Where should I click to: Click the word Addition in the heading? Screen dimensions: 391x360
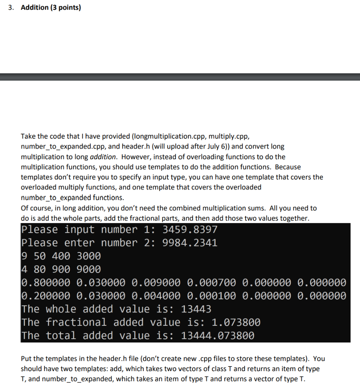point(34,8)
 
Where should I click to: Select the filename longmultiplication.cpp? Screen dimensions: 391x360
point(168,136)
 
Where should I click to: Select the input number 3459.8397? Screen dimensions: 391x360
point(190,230)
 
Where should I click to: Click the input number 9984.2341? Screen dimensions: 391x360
point(190,243)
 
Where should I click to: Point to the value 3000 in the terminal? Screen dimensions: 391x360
point(89,256)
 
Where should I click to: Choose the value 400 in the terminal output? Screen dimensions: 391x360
point(64,256)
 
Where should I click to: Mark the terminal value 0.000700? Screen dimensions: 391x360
point(212,283)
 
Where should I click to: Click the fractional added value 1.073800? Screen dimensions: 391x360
point(236,323)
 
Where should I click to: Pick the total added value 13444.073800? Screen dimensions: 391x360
point(217,336)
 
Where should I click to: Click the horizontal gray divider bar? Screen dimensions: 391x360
point(180,77)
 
